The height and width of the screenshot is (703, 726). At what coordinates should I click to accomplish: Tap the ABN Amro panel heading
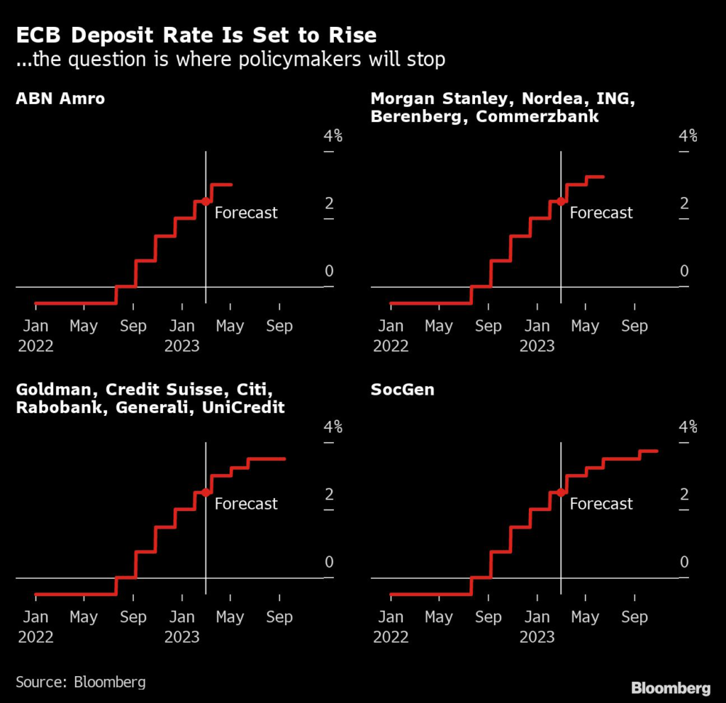point(60,98)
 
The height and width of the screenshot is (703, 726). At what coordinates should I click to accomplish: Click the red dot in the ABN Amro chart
point(206,201)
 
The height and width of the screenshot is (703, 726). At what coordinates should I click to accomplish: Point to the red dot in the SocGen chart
point(561,493)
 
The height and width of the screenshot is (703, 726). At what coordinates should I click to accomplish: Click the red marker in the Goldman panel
point(206,493)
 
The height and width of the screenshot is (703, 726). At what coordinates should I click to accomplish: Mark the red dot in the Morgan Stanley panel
point(561,201)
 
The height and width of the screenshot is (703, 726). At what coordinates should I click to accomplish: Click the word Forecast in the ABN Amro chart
point(246,213)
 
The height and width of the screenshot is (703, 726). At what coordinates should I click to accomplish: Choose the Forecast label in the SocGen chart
point(601,504)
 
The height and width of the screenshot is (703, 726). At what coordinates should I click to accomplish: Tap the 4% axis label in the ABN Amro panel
point(333,136)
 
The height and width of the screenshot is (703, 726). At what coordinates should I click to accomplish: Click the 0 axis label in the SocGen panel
point(684,562)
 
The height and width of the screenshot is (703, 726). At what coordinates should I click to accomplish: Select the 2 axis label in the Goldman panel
point(329,495)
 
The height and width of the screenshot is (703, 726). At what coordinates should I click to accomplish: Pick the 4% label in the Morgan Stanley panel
point(688,136)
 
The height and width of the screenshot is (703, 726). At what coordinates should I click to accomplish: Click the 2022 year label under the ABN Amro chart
point(35,346)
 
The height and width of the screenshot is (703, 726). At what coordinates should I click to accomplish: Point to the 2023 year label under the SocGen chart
point(537,637)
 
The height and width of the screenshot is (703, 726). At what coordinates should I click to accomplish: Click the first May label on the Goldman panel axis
point(84,617)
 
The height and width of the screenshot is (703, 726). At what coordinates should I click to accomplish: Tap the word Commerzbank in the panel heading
point(537,116)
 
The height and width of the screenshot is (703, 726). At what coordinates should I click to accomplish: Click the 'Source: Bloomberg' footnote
point(81,682)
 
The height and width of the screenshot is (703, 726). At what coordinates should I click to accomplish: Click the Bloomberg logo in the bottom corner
point(671,687)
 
